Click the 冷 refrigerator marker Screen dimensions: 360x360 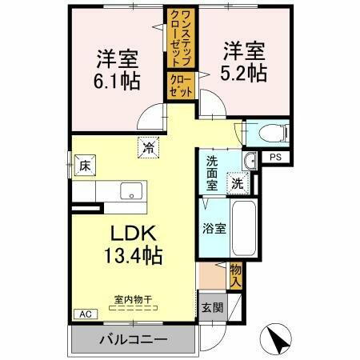pyautogui.click(x=148, y=147)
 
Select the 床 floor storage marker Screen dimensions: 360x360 pyautogui.click(x=84, y=167)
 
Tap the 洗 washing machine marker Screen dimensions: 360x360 pyautogui.click(x=238, y=183)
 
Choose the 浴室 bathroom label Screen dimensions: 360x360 pyautogui.click(x=214, y=227)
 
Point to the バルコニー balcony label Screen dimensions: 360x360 pyautogui.click(x=133, y=340)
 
